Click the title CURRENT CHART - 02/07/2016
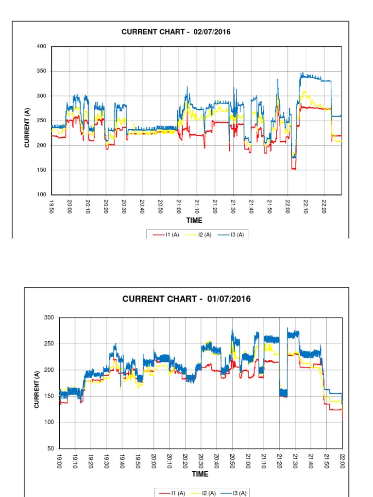tap(176, 32)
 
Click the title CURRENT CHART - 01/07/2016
tap(186, 299)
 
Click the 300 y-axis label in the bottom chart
tap(49, 318)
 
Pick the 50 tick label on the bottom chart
tap(51, 448)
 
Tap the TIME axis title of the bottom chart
tap(200, 474)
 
